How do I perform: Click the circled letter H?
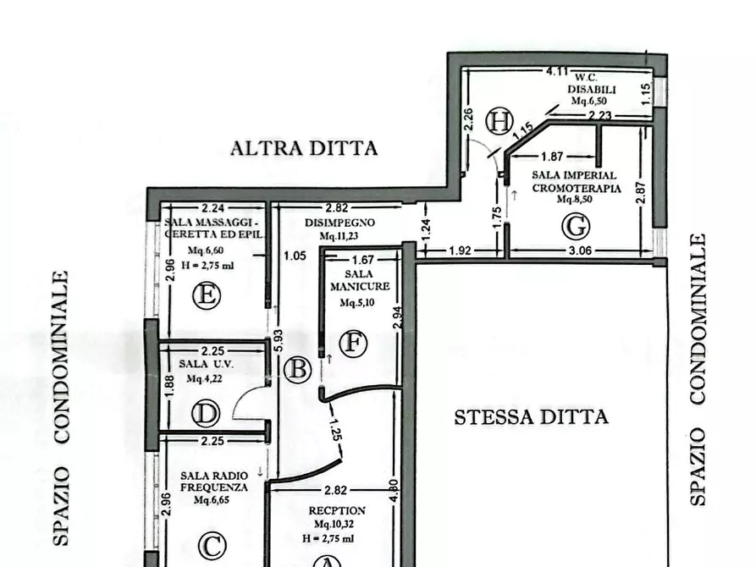pyautogui.click(x=499, y=122)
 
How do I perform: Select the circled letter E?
pyautogui.click(x=206, y=296)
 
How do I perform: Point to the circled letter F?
pyautogui.click(x=353, y=344)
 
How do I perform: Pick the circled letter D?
pyautogui.click(x=206, y=413)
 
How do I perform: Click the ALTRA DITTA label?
pyautogui.click(x=304, y=149)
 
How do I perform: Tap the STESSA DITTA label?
pyautogui.click(x=531, y=416)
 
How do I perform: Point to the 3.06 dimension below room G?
pyautogui.click(x=581, y=250)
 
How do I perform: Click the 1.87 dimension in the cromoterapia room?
pyautogui.click(x=552, y=157)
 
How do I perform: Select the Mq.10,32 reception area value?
pyautogui.click(x=337, y=525)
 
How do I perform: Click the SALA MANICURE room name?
pyautogui.click(x=360, y=281)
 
